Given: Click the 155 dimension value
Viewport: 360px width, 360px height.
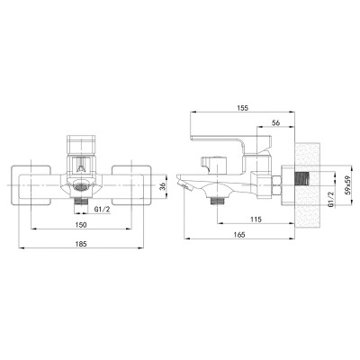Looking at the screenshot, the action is click(x=242, y=108).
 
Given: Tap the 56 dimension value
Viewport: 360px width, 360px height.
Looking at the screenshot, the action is click(x=275, y=122).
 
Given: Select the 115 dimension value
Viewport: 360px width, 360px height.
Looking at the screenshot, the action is click(x=256, y=219).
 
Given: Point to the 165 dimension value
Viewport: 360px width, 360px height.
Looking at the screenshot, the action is click(x=238, y=235).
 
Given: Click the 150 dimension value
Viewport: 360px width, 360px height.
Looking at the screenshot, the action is click(x=81, y=225).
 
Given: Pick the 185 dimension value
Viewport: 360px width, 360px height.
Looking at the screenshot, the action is click(x=81, y=244).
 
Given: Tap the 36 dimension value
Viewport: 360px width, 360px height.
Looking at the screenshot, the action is click(x=161, y=186).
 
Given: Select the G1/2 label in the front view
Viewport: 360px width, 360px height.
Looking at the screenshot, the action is click(x=103, y=210).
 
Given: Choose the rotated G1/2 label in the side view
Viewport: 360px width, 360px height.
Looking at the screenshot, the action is click(x=331, y=199).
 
